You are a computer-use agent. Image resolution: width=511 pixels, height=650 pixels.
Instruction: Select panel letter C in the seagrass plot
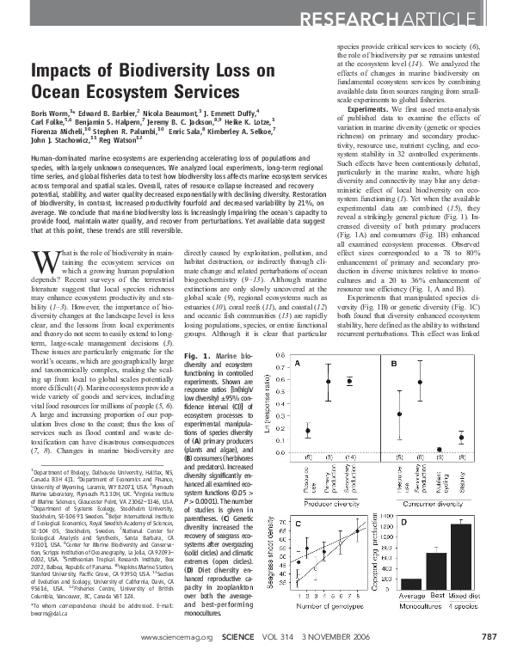298,523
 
